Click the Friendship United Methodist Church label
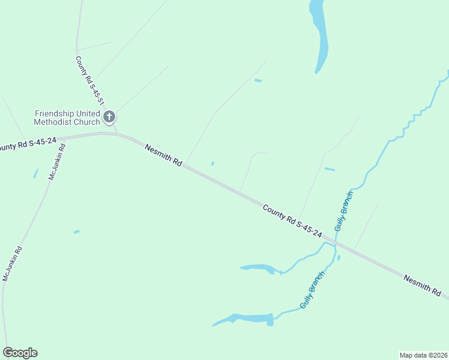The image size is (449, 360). (x=67, y=118)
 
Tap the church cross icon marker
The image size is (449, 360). (x=109, y=116)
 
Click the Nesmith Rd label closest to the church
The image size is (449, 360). (x=163, y=154)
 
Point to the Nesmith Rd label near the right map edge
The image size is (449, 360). (x=426, y=287)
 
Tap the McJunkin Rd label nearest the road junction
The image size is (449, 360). (x=56, y=161)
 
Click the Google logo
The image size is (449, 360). (x=20, y=353)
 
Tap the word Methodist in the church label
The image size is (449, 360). (x=54, y=122)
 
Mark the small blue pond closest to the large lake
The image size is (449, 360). (x=258, y=80)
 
